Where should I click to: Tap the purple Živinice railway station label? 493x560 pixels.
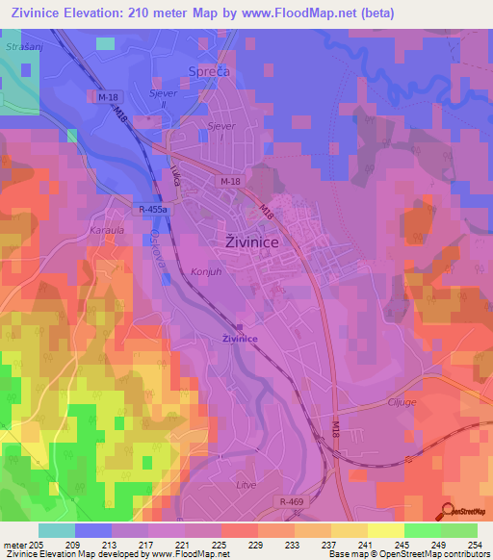(x=241, y=339)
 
